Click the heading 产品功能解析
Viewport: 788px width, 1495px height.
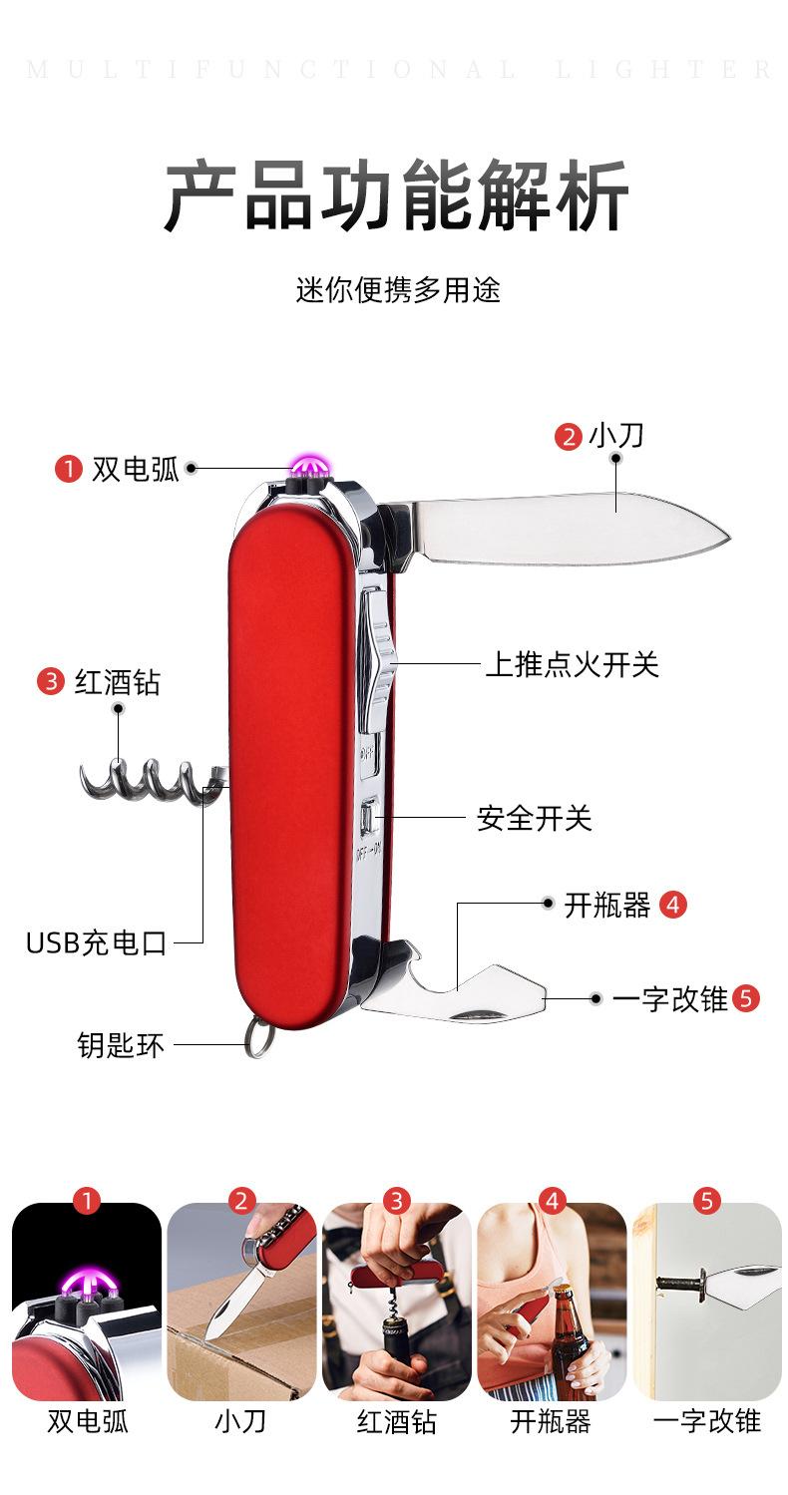396,196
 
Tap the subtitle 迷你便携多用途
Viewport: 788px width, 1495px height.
397,289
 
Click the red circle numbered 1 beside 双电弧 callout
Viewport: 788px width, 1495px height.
68,468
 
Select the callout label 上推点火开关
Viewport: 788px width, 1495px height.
572,664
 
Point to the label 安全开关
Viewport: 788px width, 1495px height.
534,819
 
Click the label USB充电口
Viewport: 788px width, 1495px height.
97,942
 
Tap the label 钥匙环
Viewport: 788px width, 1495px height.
121,1046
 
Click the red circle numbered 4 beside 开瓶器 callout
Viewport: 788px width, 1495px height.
673,905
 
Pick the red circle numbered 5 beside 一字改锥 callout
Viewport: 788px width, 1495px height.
745,998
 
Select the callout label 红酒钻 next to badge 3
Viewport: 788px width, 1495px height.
117,683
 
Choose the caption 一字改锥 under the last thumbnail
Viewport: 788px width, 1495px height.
706,1421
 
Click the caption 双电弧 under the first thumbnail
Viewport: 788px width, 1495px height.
87,1421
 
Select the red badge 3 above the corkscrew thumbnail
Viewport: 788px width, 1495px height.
396,1201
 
